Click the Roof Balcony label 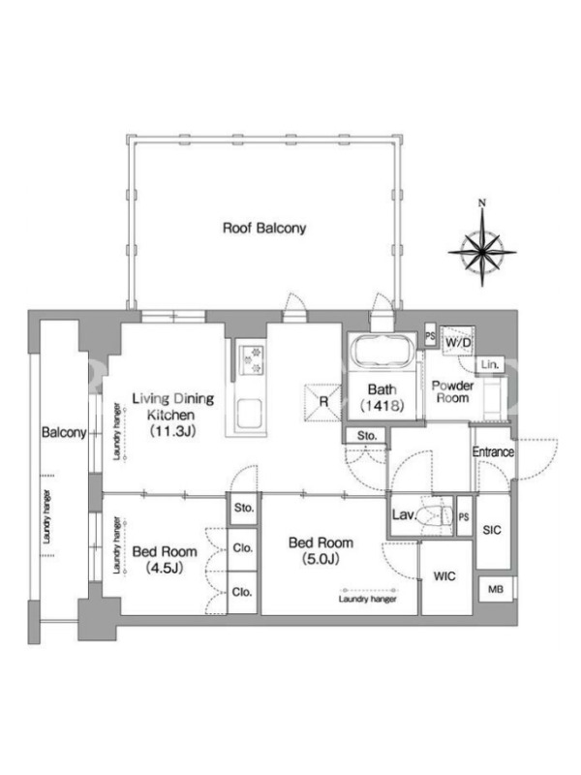pyautogui.click(x=264, y=229)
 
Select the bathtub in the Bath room pyautogui.click(x=382, y=352)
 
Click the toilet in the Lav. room pyautogui.click(x=434, y=515)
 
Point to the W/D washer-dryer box pyautogui.click(x=458, y=342)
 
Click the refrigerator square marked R pyautogui.click(x=323, y=402)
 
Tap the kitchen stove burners pyautogui.click(x=252, y=359)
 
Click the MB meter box pyautogui.click(x=496, y=589)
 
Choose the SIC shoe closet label pyautogui.click(x=492, y=530)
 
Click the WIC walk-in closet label pyautogui.click(x=444, y=576)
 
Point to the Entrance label pyautogui.click(x=493, y=451)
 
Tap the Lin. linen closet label pyautogui.click(x=490, y=365)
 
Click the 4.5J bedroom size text pyautogui.click(x=165, y=568)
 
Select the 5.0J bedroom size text pyautogui.click(x=321, y=559)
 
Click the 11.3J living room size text pyautogui.click(x=173, y=431)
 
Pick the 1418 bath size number pyautogui.click(x=382, y=405)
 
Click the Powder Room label pyautogui.click(x=452, y=391)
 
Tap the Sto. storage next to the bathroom pyautogui.click(x=367, y=436)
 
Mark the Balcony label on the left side pyautogui.click(x=64, y=432)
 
